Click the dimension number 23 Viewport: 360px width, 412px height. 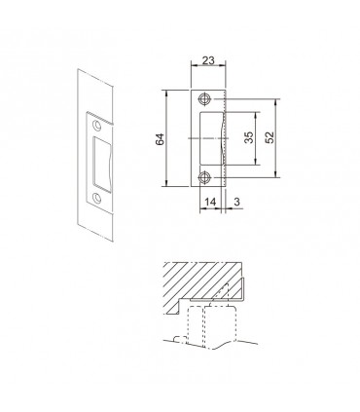[208, 60]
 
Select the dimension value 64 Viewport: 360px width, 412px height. [160, 138]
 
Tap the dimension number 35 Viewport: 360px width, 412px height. [249, 137]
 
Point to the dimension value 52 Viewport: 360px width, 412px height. [270, 137]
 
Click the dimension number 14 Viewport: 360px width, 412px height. [210, 202]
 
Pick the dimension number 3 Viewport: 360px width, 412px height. [236, 202]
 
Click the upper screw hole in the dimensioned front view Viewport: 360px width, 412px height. [204, 99]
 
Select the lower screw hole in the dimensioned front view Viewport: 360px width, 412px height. [204, 177]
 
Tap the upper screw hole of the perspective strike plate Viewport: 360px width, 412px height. [96, 126]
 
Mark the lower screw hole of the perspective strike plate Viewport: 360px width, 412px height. [96, 197]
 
